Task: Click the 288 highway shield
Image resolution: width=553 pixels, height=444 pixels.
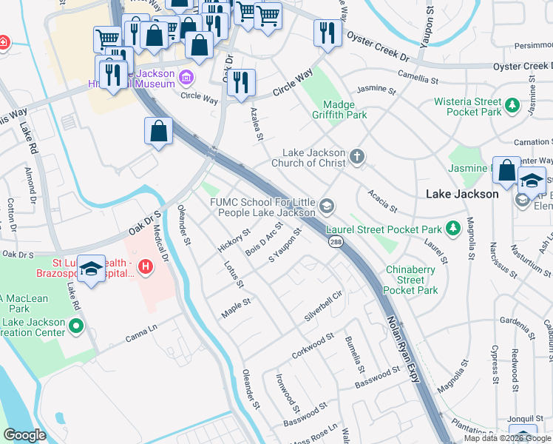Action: (335, 242)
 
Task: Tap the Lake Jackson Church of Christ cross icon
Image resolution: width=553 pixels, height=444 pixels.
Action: (357, 156)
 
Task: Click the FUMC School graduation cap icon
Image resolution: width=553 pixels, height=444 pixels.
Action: (328, 206)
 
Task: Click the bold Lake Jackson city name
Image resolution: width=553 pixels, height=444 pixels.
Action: (463, 194)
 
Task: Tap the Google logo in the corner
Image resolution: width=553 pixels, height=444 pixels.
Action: (24, 435)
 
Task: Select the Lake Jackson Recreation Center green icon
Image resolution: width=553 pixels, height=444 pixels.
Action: (75, 326)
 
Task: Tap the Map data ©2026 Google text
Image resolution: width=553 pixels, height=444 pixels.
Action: (507, 438)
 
